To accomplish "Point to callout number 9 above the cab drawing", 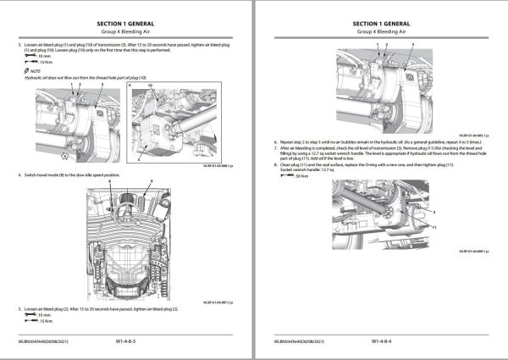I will (150, 182).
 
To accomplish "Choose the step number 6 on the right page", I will (273, 141).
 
